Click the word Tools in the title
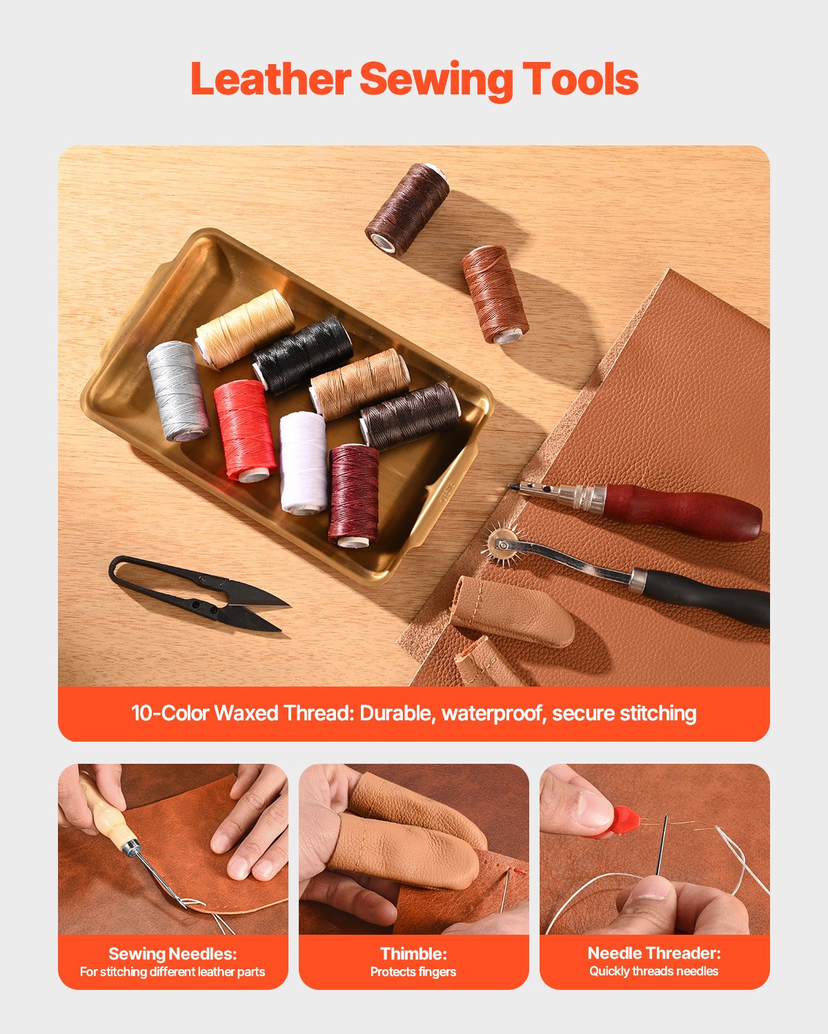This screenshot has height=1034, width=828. (x=580, y=79)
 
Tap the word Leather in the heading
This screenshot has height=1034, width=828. (x=270, y=79)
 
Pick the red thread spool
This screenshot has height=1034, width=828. (x=245, y=430)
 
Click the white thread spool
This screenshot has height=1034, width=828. (x=304, y=462)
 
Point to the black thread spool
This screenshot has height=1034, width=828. (x=303, y=354)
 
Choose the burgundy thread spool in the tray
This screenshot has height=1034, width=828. (x=353, y=494)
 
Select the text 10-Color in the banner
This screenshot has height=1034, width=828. (x=170, y=713)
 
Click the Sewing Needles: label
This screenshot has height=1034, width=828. (x=172, y=954)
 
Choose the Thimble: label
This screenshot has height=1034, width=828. (x=413, y=954)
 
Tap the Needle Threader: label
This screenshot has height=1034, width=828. (x=653, y=953)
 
